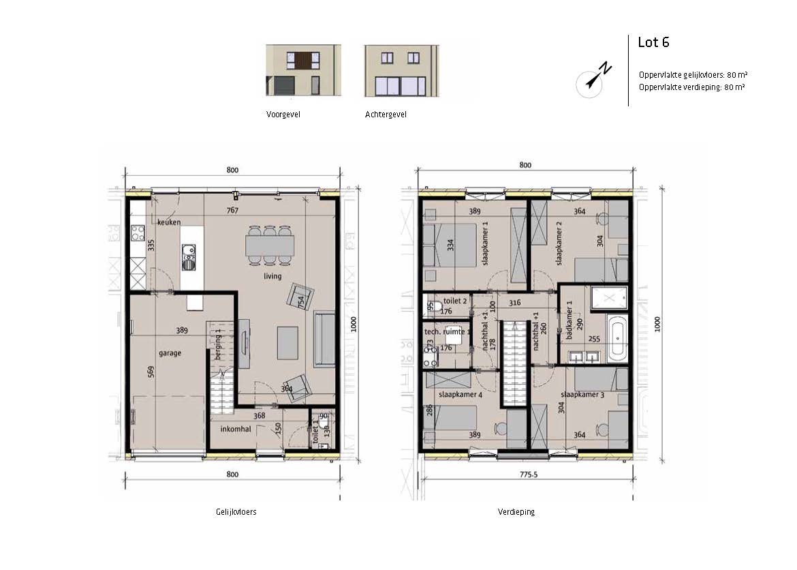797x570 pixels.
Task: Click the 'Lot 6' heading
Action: [653, 42]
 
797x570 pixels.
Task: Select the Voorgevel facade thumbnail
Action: [303, 70]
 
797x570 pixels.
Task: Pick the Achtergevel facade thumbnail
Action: [401, 70]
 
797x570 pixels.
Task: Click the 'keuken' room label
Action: [169, 222]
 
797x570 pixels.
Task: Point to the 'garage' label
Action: [170, 352]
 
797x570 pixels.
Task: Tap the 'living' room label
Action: [272, 276]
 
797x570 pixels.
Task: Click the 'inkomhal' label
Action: [236, 428]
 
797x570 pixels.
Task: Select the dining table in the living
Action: [270, 245]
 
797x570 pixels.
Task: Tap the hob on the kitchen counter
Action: [138, 233]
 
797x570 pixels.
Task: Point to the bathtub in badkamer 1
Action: [617, 336]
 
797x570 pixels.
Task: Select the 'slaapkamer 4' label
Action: [460, 394]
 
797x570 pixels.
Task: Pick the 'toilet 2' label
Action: [455, 301]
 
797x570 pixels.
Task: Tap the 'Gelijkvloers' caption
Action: [236, 511]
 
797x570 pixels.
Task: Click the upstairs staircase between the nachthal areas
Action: [513, 363]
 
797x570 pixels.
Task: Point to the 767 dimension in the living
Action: [233, 210]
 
